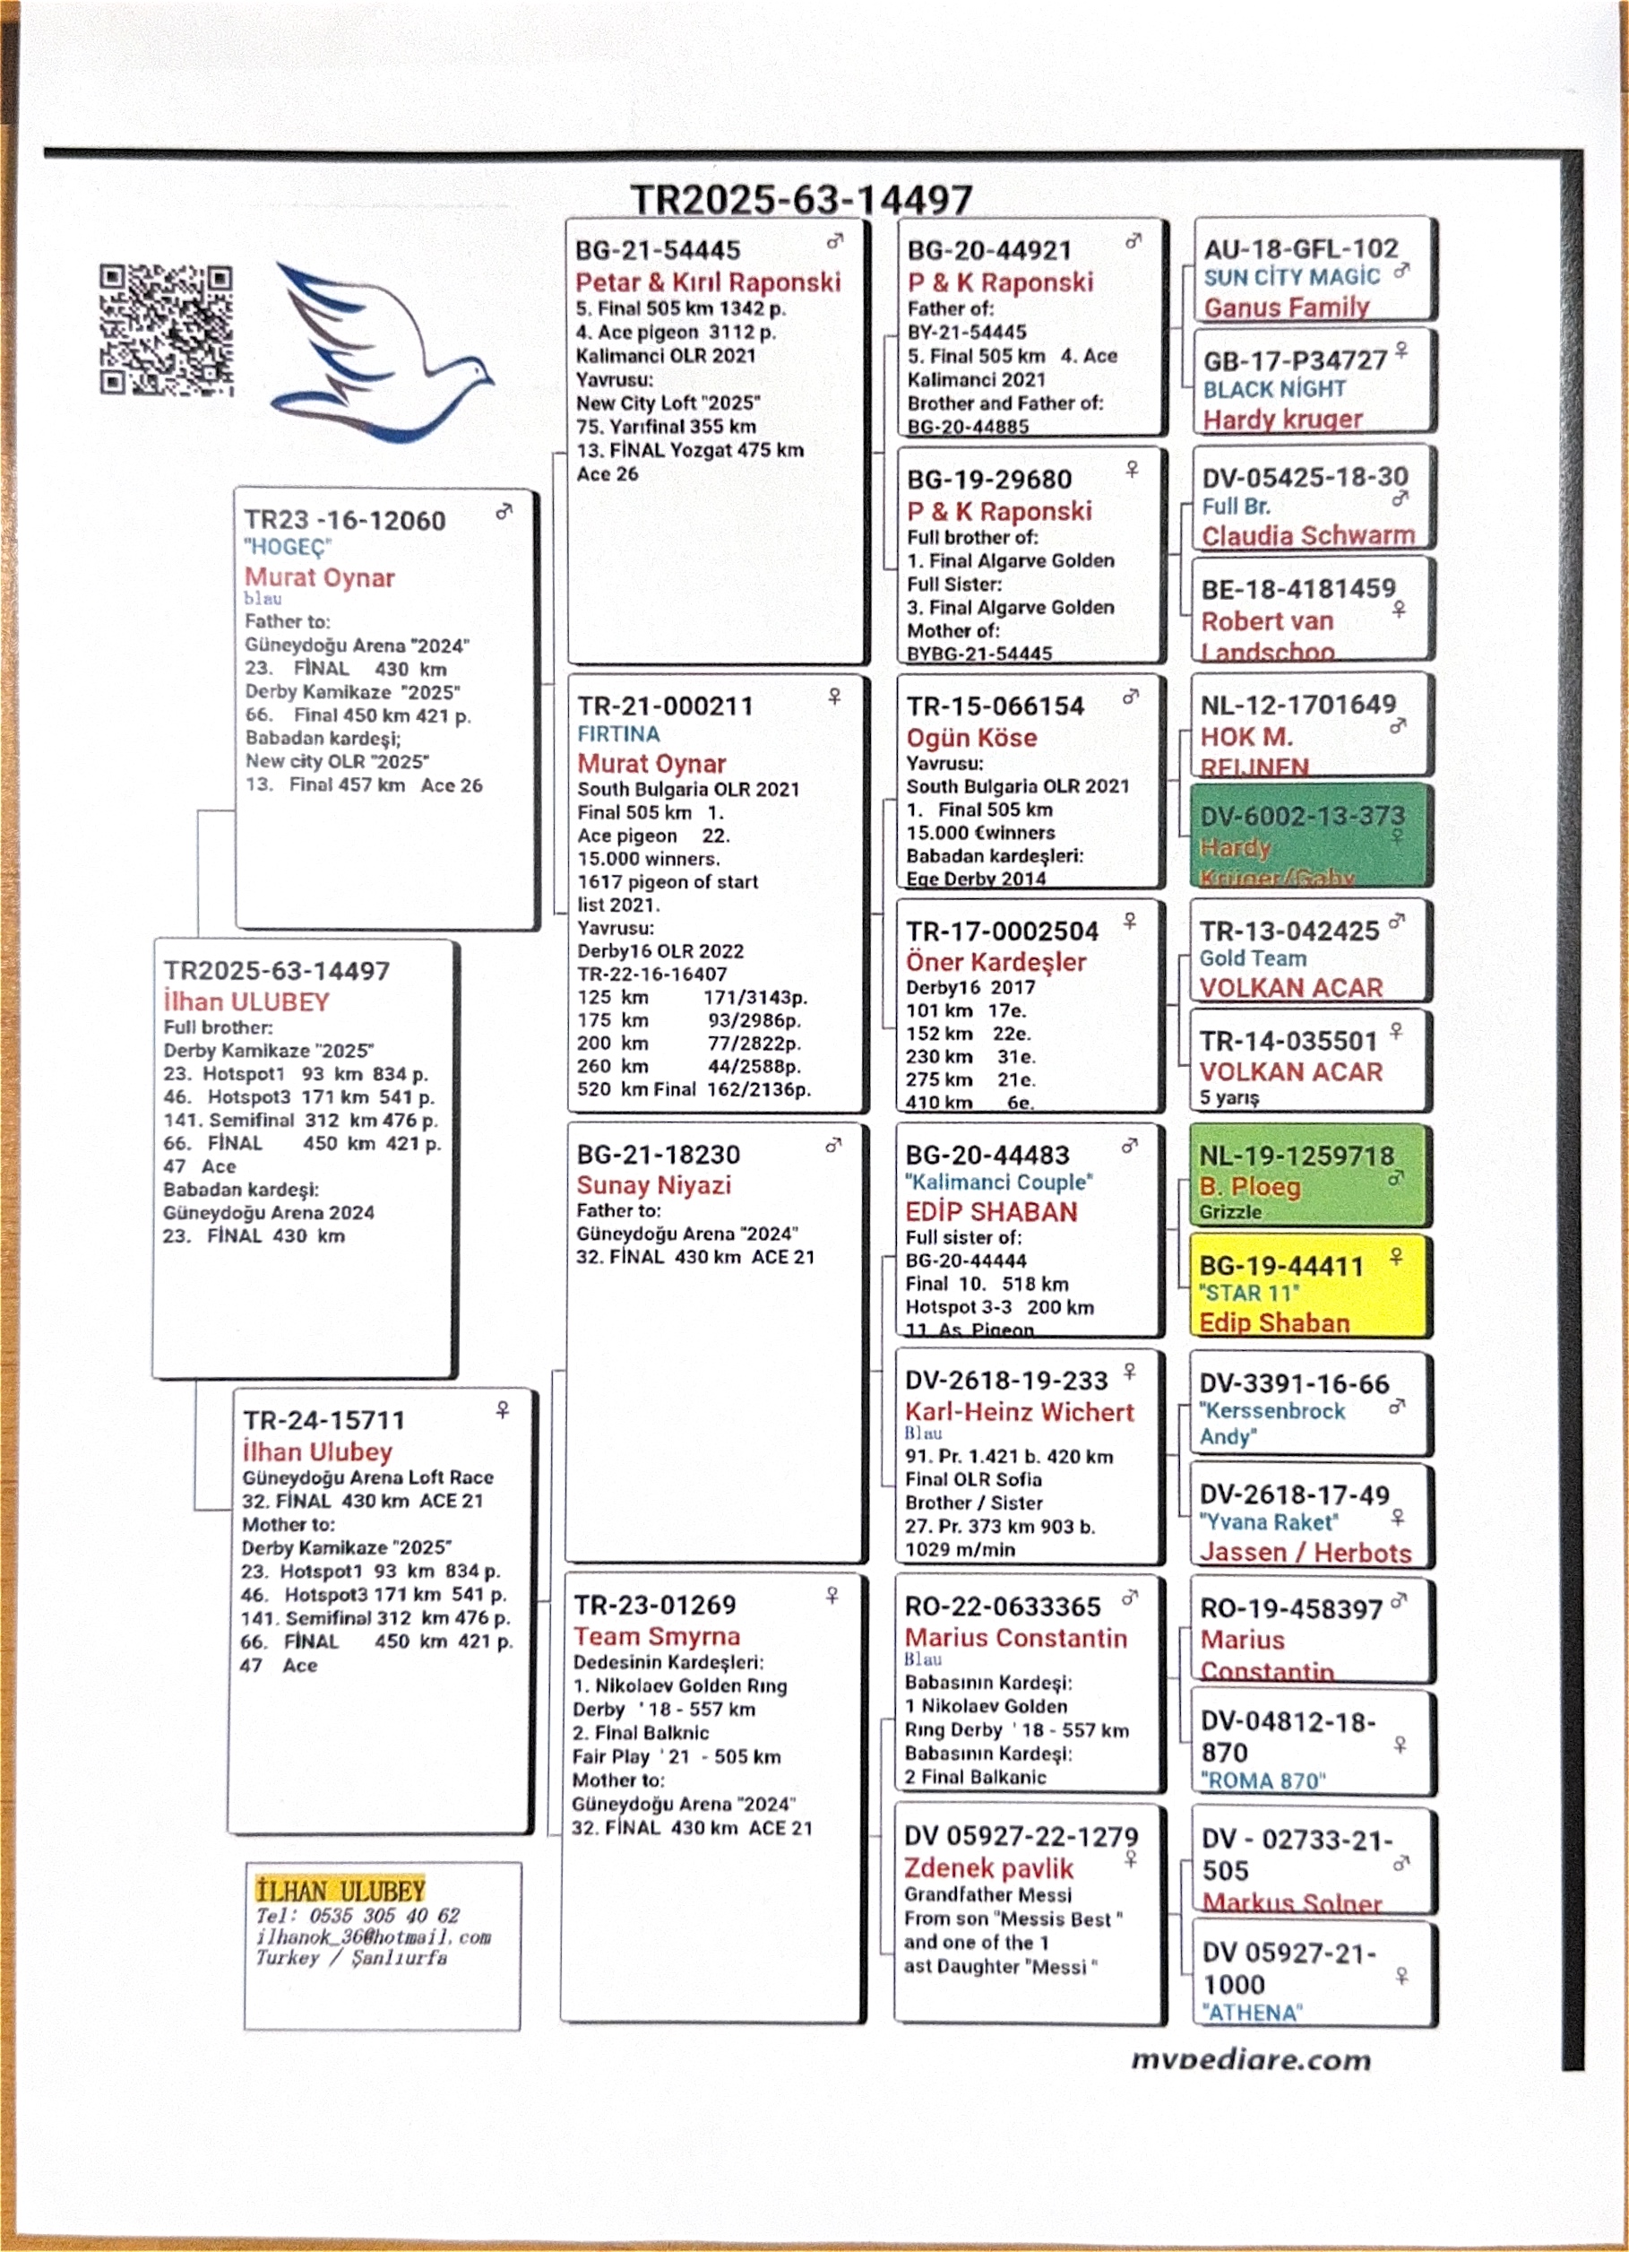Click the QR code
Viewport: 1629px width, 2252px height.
coord(166,330)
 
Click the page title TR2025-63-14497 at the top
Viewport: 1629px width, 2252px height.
coord(801,200)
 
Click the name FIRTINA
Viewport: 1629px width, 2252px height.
coord(618,734)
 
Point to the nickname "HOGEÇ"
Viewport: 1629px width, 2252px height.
coord(288,547)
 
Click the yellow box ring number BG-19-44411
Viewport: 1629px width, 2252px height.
coord(1280,1266)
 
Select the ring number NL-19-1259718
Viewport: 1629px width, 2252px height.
coord(1296,1156)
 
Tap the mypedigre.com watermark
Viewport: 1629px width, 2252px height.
coord(1251,2059)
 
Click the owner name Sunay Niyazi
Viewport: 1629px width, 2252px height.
coord(653,1184)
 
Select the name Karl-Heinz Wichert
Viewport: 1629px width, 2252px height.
coord(1019,1412)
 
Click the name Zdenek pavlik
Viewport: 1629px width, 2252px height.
coord(988,1867)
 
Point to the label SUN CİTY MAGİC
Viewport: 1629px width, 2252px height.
coord(1291,277)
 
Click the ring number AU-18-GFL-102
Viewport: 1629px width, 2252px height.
coord(1300,248)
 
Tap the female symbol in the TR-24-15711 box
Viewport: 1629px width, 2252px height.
coord(503,1410)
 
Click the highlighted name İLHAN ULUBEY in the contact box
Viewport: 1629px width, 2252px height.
coord(340,1891)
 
